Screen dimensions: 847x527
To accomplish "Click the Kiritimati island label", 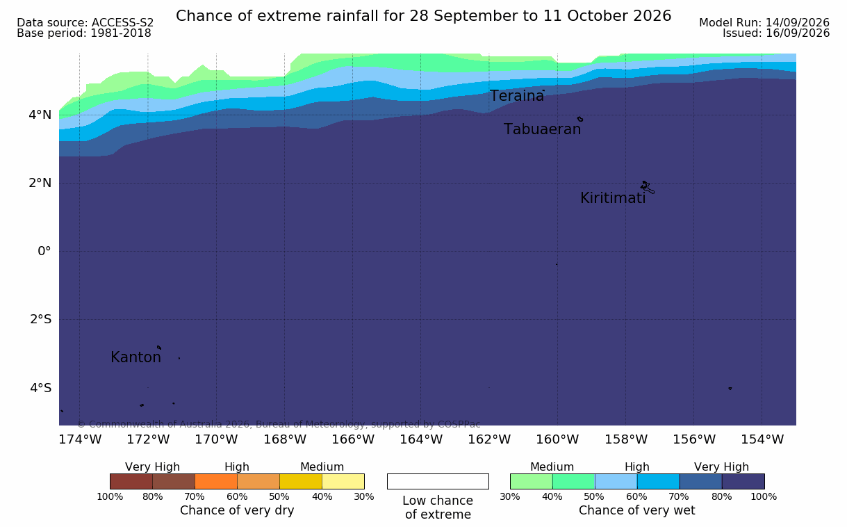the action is click(x=613, y=198).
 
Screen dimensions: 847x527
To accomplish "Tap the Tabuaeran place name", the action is click(x=542, y=129).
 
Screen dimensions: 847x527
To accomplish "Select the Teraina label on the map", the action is click(x=516, y=96).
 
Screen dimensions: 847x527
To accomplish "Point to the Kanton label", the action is click(x=135, y=357).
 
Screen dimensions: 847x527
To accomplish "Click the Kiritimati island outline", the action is click(x=647, y=187).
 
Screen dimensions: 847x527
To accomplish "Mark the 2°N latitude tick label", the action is click(x=40, y=183).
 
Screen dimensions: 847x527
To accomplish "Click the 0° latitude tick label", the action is click(x=44, y=251).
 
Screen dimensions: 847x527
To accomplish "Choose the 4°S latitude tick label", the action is click(x=40, y=388).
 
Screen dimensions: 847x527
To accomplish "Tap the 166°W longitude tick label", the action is click(x=353, y=439).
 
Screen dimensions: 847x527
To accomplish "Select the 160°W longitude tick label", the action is click(x=557, y=439).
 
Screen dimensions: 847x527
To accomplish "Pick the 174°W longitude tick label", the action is click(x=80, y=439).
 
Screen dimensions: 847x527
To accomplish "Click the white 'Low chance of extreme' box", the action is click(x=438, y=482).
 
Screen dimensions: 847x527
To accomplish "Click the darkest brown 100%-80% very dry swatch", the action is click(x=131, y=482).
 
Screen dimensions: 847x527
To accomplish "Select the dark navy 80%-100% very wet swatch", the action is click(x=743, y=482).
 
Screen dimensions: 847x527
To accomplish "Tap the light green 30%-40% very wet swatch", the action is click(x=532, y=482).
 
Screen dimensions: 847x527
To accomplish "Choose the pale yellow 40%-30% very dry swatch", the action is click(x=343, y=482).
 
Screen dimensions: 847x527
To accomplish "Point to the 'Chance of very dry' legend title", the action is click(x=237, y=511).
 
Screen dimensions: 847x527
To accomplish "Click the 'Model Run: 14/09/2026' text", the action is click(x=764, y=23).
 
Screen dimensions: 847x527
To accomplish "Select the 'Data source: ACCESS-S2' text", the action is click(x=85, y=23).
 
